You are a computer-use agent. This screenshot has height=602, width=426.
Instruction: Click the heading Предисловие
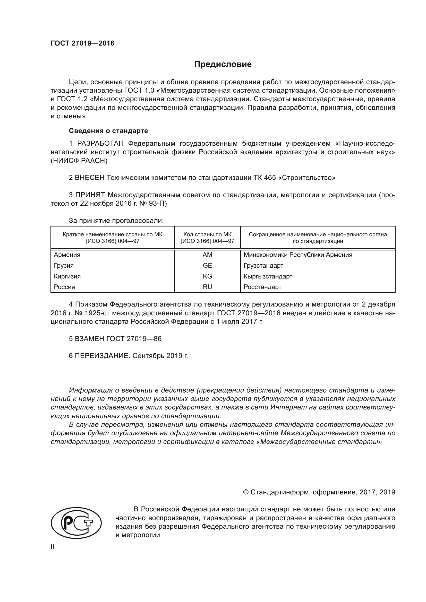tap(223, 64)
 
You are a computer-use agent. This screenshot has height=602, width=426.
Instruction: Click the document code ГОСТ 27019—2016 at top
tap(82, 43)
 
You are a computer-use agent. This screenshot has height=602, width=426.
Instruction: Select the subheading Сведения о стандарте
tap(108, 130)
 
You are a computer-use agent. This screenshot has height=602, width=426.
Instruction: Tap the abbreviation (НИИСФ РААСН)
tap(79, 161)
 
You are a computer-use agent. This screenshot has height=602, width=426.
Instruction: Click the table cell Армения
tap(67, 255)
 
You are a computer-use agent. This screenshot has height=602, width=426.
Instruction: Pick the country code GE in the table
tap(207, 265)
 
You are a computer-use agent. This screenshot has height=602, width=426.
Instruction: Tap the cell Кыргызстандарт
tap(268, 276)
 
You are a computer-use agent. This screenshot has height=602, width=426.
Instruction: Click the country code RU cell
tap(207, 287)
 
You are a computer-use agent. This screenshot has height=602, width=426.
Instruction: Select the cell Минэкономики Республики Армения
tap(298, 255)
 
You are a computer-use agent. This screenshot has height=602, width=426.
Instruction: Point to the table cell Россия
tap(65, 287)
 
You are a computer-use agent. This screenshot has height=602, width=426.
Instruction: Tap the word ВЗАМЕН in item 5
tap(89, 338)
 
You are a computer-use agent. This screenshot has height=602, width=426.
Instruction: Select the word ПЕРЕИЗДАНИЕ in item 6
tap(102, 355)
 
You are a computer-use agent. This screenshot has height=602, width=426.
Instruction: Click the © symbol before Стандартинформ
tap(246, 492)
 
